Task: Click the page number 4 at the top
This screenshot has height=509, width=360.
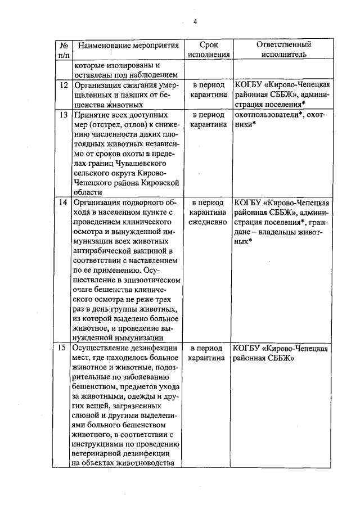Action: pyautogui.click(x=195, y=22)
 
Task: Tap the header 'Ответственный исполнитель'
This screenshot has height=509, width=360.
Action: pyautogui.click(x=283, y=50)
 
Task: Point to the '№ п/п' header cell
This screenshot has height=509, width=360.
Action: pyautogui.click(x=64, y=50)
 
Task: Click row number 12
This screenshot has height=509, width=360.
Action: pyautogui.click(x=64, y=85)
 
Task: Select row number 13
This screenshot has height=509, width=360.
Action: pyautogui.click(x=64, y=115)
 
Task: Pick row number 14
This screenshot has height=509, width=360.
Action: pyautogui.click(x=64, y=202)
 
